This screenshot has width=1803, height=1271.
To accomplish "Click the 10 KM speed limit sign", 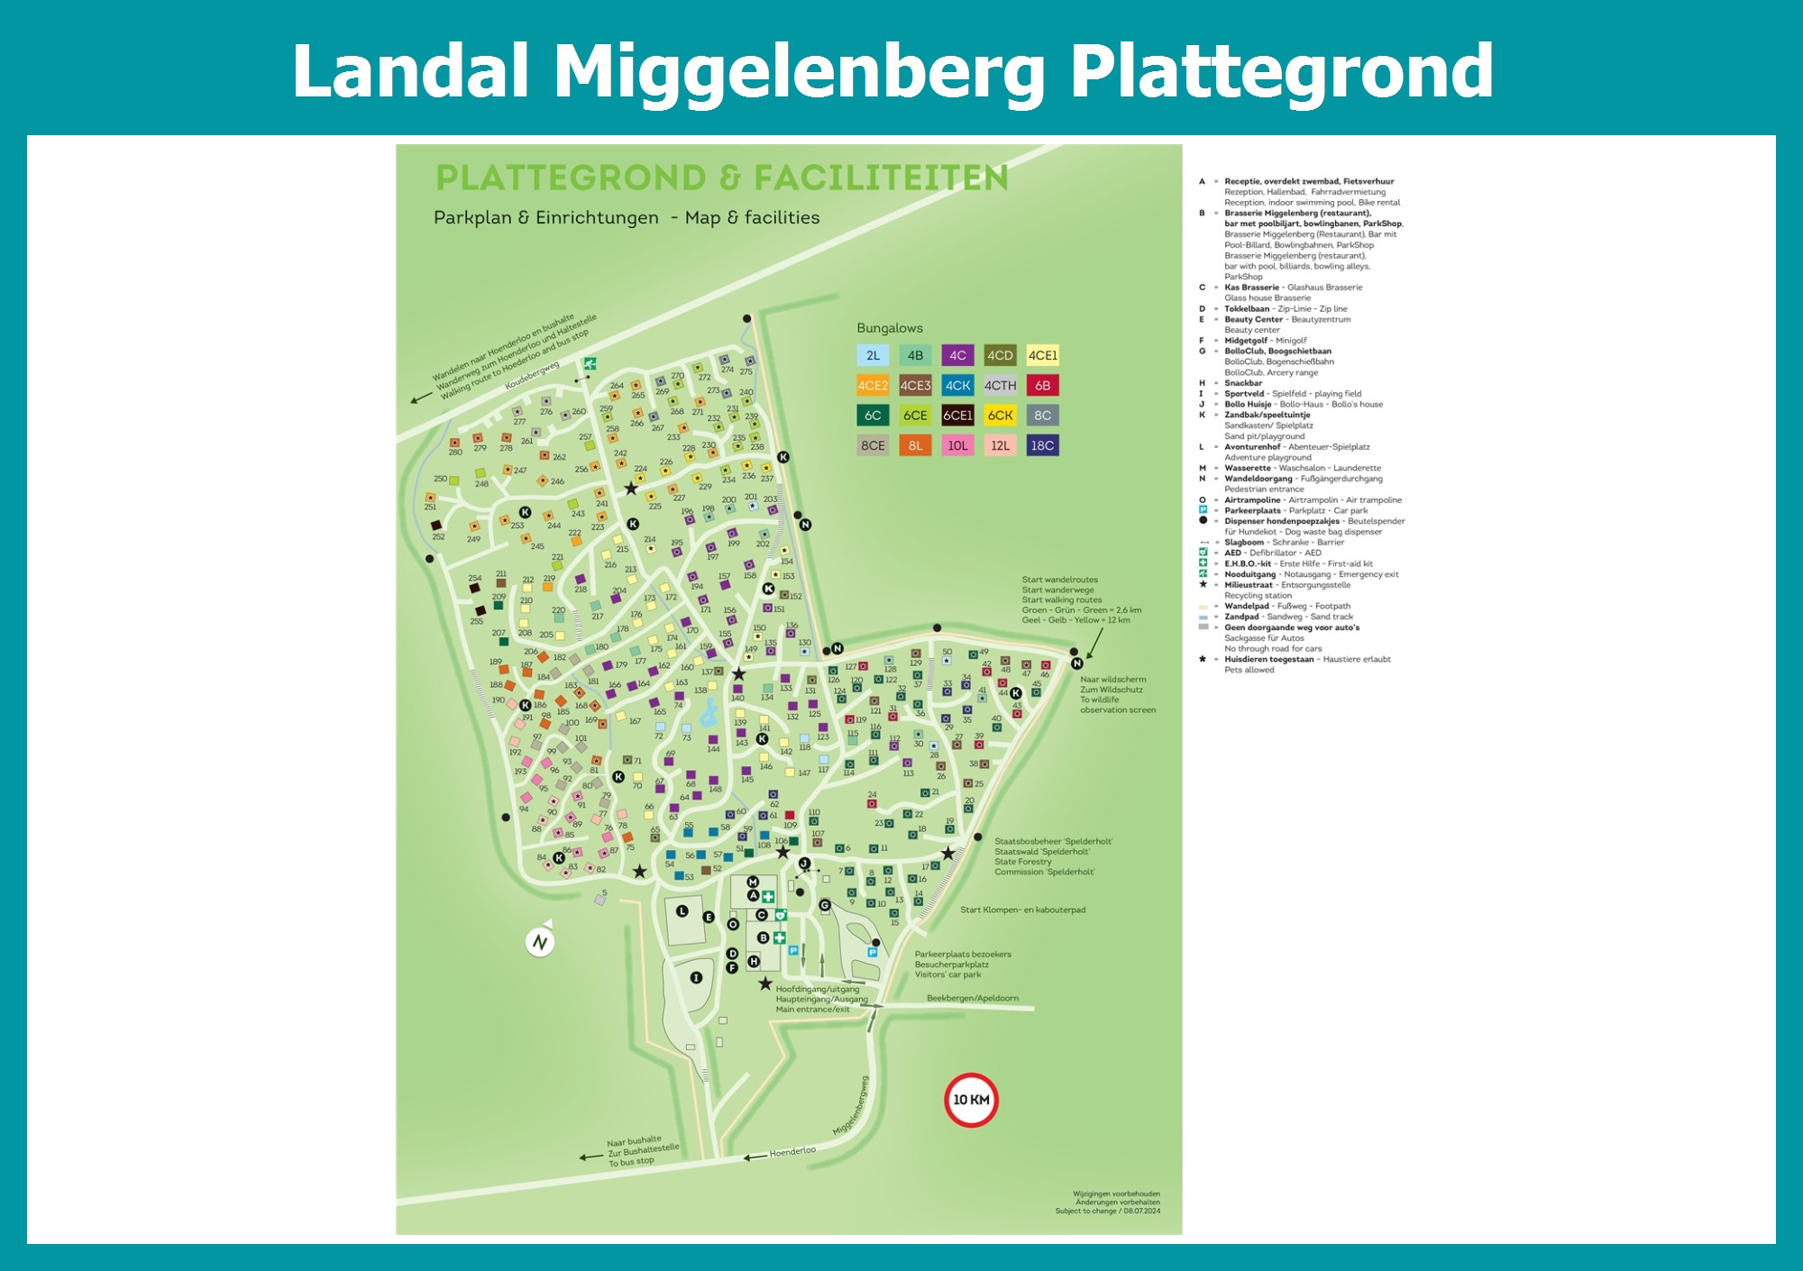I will (971, 1100).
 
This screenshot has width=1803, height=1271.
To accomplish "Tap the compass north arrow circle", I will (540, 942).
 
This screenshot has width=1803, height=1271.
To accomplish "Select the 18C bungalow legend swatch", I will (1042, 445).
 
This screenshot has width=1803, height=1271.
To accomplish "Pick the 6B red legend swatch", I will (1042, 386).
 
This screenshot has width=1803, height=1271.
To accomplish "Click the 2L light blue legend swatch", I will (873, 355).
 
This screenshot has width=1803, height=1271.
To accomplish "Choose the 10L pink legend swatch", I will (957, 445).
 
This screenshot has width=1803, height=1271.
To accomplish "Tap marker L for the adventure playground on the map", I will (682, 911).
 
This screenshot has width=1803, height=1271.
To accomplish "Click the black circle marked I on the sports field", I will (696, 977).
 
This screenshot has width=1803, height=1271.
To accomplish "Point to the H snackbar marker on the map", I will (754, 961).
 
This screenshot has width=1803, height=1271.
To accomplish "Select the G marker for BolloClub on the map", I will (824, 905).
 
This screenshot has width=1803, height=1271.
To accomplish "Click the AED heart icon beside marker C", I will (781, 915).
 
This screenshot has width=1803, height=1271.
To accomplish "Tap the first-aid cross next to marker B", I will (779, 937).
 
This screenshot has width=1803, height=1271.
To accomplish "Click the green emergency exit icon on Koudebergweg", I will (590, 364).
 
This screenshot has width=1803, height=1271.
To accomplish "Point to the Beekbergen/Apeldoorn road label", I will (972, 998).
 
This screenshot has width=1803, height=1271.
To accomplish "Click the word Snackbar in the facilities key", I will (1243, 383).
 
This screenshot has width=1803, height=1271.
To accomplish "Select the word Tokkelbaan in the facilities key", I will (1248, 309).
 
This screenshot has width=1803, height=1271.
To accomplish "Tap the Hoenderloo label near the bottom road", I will (792, 1152).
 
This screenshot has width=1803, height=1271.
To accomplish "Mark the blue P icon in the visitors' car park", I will (872, 952).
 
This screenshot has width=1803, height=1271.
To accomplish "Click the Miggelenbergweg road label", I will (851, 1106).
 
